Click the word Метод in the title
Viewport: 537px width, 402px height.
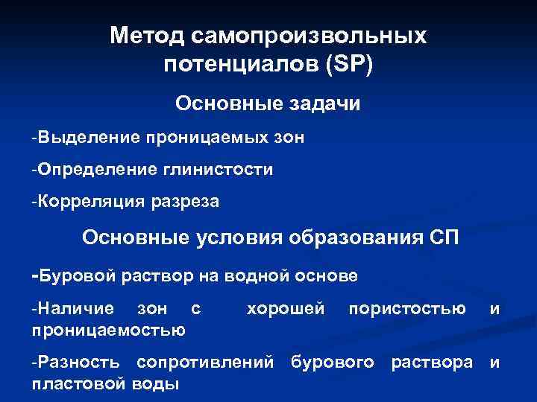click(145, 36)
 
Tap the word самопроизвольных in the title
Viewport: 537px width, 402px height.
click(308, 36)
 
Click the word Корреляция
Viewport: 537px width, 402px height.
click(82, 201)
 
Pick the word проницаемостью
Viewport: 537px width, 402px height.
click(108, 328)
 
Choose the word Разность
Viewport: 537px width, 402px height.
click(77, 363)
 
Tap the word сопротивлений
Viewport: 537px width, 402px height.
click(204, 363)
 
